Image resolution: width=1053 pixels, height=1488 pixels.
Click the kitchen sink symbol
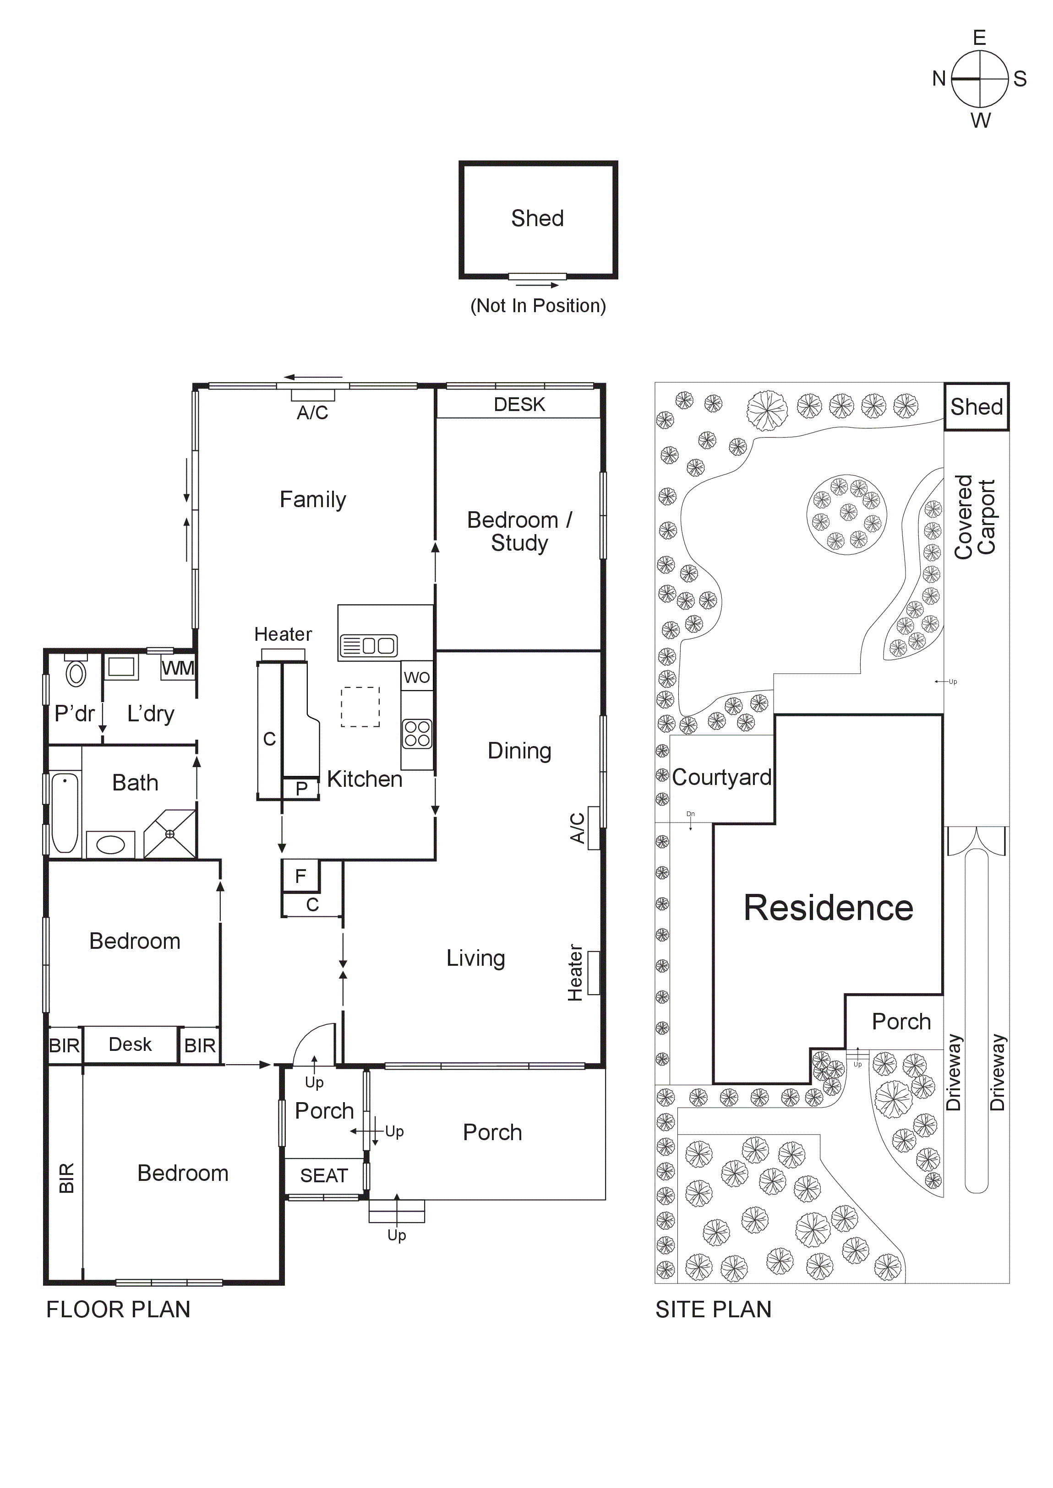pyautogui.click(x=368, y=645)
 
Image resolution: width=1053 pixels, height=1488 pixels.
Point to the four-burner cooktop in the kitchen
pyautogui.click(x=417, y=734)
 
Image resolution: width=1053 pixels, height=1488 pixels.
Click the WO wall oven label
pyautogui.click(x=416, y=677)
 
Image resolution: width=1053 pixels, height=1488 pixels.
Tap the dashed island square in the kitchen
pyautogui.click(x=360, y=706)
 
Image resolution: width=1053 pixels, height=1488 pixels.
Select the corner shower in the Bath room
pyautogui.click(x=170, y=833)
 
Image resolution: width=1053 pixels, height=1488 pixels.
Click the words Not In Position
pyautogui.click(x=538, y=306)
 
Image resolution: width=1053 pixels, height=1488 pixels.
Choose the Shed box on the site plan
pyautogui.click(x=976, y=407)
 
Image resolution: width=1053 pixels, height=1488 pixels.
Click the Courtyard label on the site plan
pyautogui.click(x=721, y=777)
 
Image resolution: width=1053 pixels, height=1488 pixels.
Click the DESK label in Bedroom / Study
pyautogui.click(x=519, y=405)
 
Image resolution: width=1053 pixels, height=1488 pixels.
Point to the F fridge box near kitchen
pyautogui.click(x=300, y=876)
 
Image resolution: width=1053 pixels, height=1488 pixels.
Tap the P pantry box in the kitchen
pyautogui.click(x=301, y=789)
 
